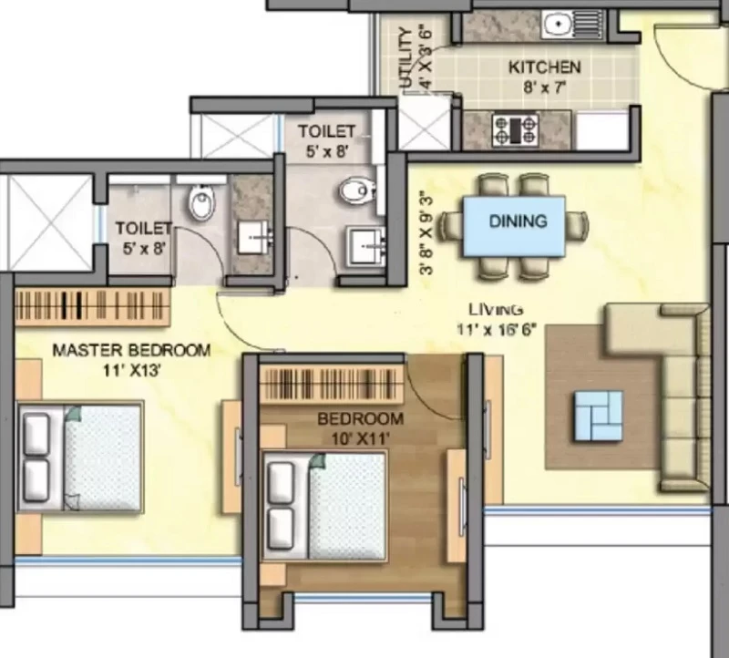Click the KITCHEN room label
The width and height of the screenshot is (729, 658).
(x=544, y=67)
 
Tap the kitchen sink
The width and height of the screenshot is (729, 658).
(x=573, y=25)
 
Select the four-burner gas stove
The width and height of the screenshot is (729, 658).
(x=515, y=130)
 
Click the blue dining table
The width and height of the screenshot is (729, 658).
(x=514, y=226)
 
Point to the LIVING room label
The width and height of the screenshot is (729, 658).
(x=496, y=309)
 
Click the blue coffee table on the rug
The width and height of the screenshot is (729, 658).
(x=599, y=416)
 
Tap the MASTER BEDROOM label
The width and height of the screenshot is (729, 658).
(x=131, y=350)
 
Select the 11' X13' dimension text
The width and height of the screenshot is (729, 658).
(x=132, y=371)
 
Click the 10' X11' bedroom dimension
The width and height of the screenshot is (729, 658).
(x=360, y=438)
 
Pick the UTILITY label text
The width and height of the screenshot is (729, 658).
(x=406, y=57)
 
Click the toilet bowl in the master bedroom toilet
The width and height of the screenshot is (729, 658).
(x=202, y=201)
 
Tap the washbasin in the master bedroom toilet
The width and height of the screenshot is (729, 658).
(x=253, y=237)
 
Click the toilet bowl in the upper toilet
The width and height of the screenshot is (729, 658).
(x=357, y=190)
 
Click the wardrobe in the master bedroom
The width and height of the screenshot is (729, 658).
(x=92, y=307)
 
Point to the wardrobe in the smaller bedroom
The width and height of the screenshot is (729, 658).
(x=331, y=384)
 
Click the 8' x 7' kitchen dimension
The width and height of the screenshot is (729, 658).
(x=544, y=87)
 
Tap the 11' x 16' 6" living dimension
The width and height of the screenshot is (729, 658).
(x=497, y=330)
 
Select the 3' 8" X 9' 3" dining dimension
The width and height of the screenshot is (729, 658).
(x=426, y=233)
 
